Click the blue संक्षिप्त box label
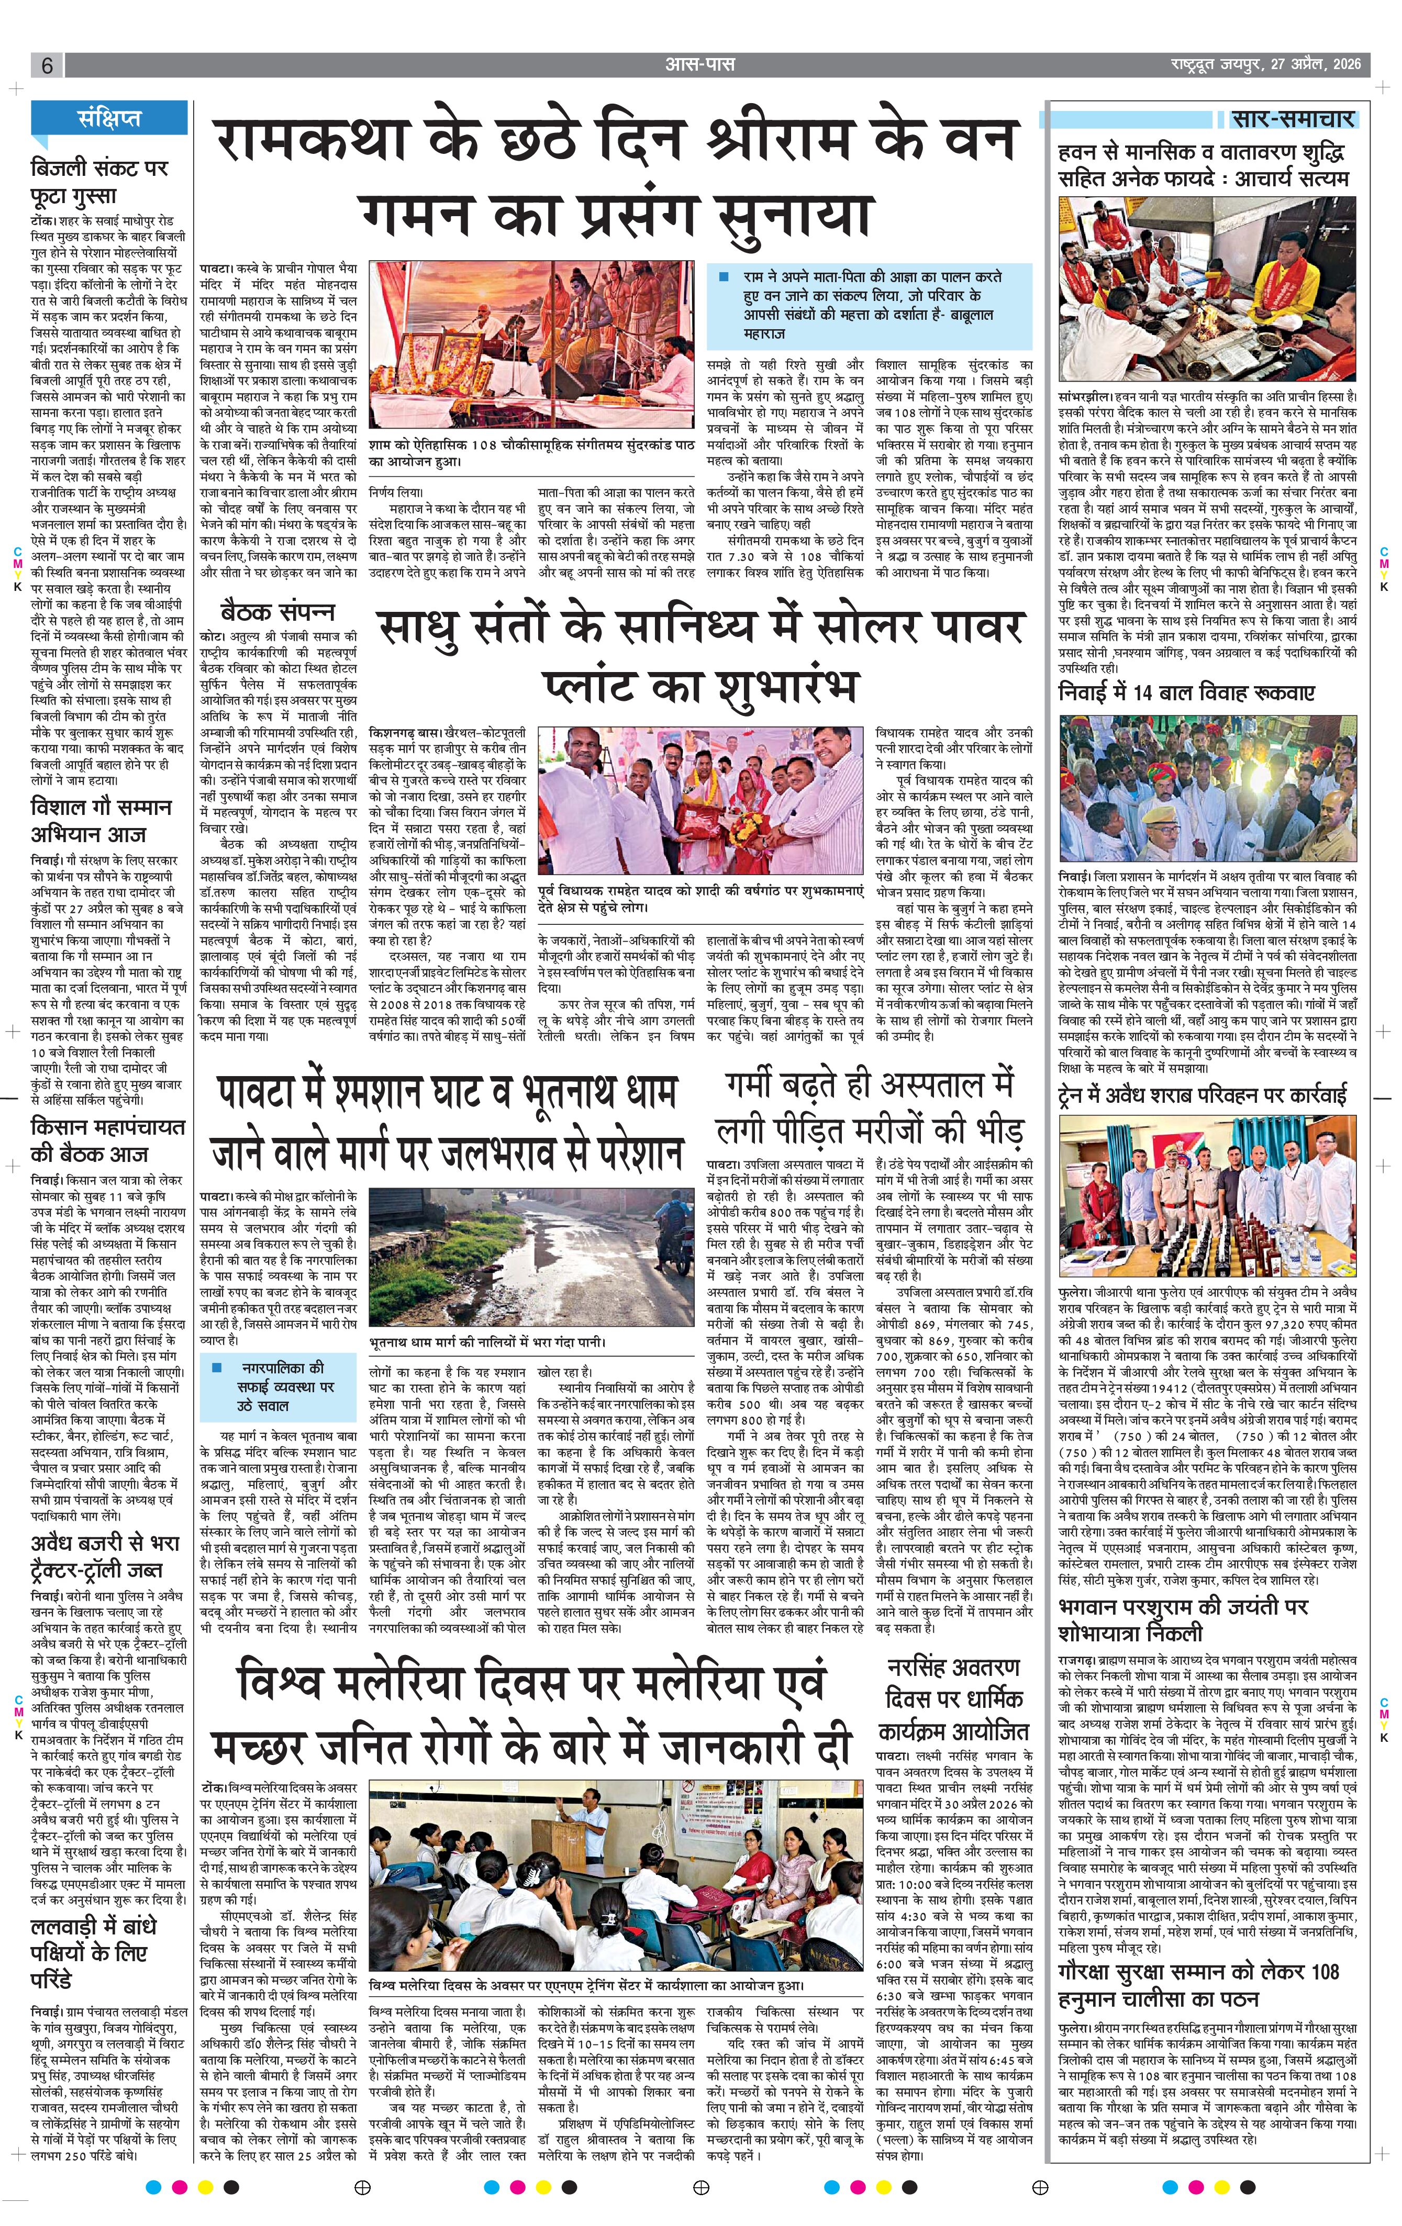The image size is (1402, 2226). (x=110, y=118)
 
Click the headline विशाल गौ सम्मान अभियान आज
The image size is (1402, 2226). (x=100, y=821)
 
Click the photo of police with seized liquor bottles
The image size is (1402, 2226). (x=1208, y=1196)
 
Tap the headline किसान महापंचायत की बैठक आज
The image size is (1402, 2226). (x=107, y=1140)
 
